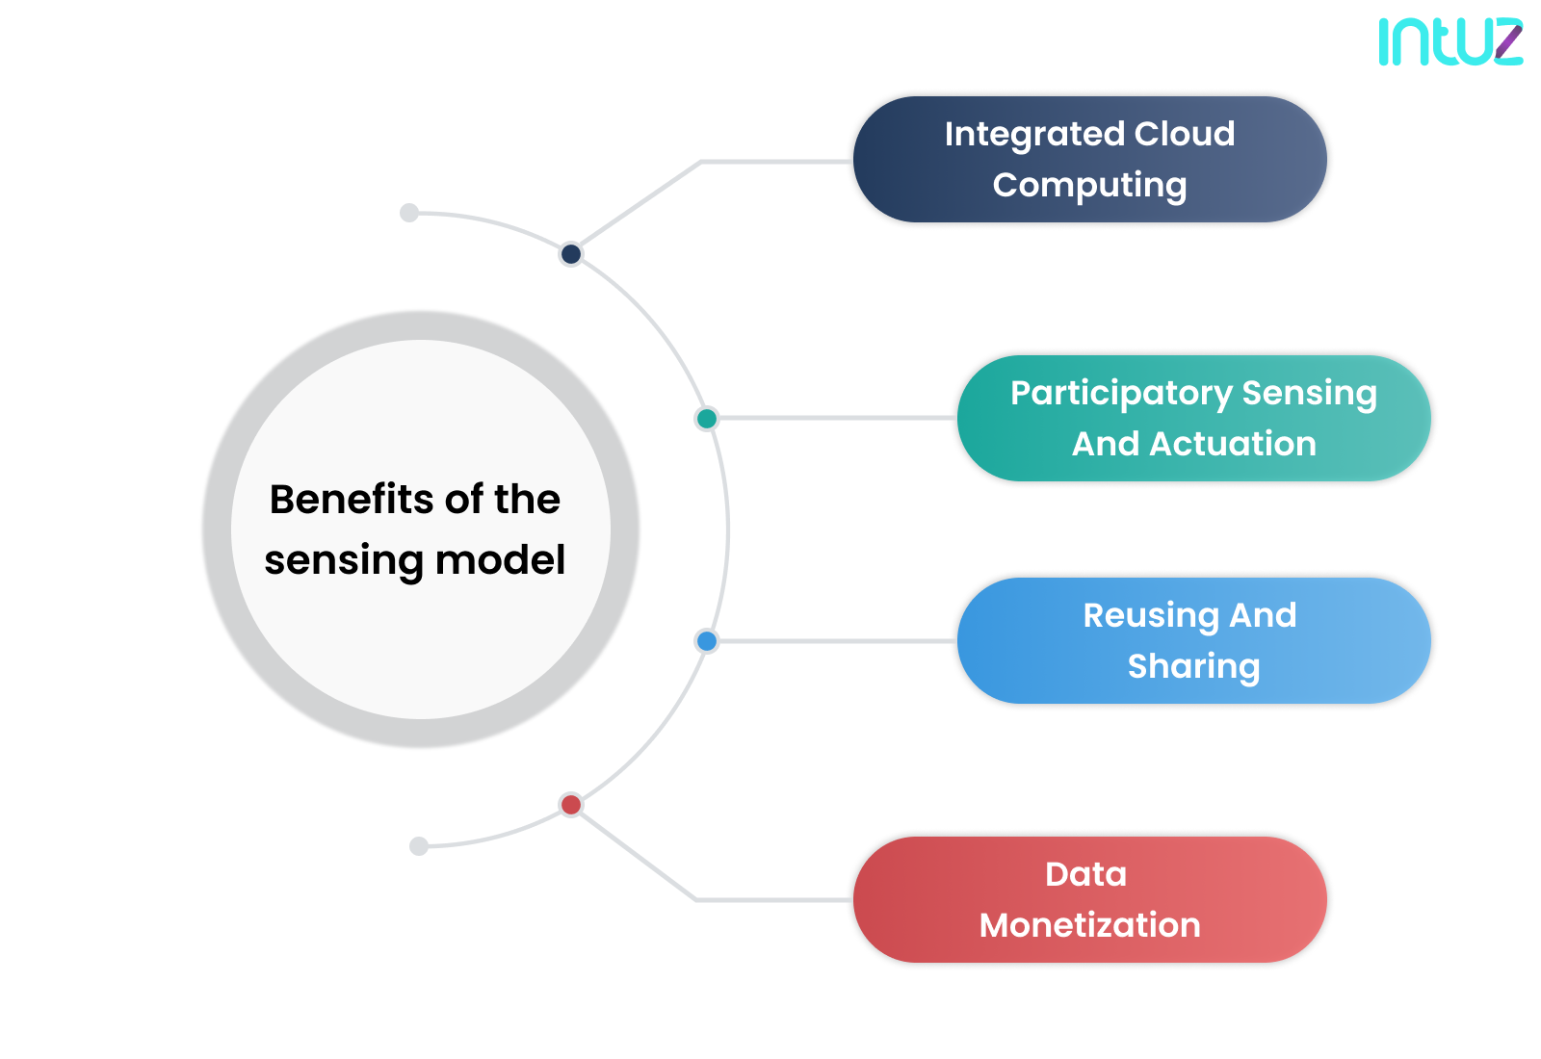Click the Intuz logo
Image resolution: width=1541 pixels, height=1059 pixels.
point(1450,42)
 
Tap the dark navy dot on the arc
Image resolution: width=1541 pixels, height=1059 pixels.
point(570,254)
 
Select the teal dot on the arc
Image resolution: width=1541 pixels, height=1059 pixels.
point(706,419)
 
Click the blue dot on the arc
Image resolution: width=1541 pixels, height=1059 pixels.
point(706,641)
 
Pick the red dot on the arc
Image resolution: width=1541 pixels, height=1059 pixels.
point(570,805)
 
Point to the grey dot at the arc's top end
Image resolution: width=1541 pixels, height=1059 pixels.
point(409,213)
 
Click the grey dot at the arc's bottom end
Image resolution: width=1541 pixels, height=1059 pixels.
point(419,846)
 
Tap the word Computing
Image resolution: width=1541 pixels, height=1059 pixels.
point(1089,185)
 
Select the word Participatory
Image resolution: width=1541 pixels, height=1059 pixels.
point(1121,394)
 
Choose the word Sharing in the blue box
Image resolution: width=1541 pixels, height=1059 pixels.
point(1193,667)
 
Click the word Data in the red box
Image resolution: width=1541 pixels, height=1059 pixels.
point(1085,874)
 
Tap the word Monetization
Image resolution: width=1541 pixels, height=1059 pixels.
point(1089,925)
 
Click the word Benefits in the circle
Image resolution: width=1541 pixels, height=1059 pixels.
point(352,500)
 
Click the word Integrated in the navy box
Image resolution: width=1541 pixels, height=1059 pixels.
point(1034,134)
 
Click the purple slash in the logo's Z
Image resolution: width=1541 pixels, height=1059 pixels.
point(1507,42)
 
